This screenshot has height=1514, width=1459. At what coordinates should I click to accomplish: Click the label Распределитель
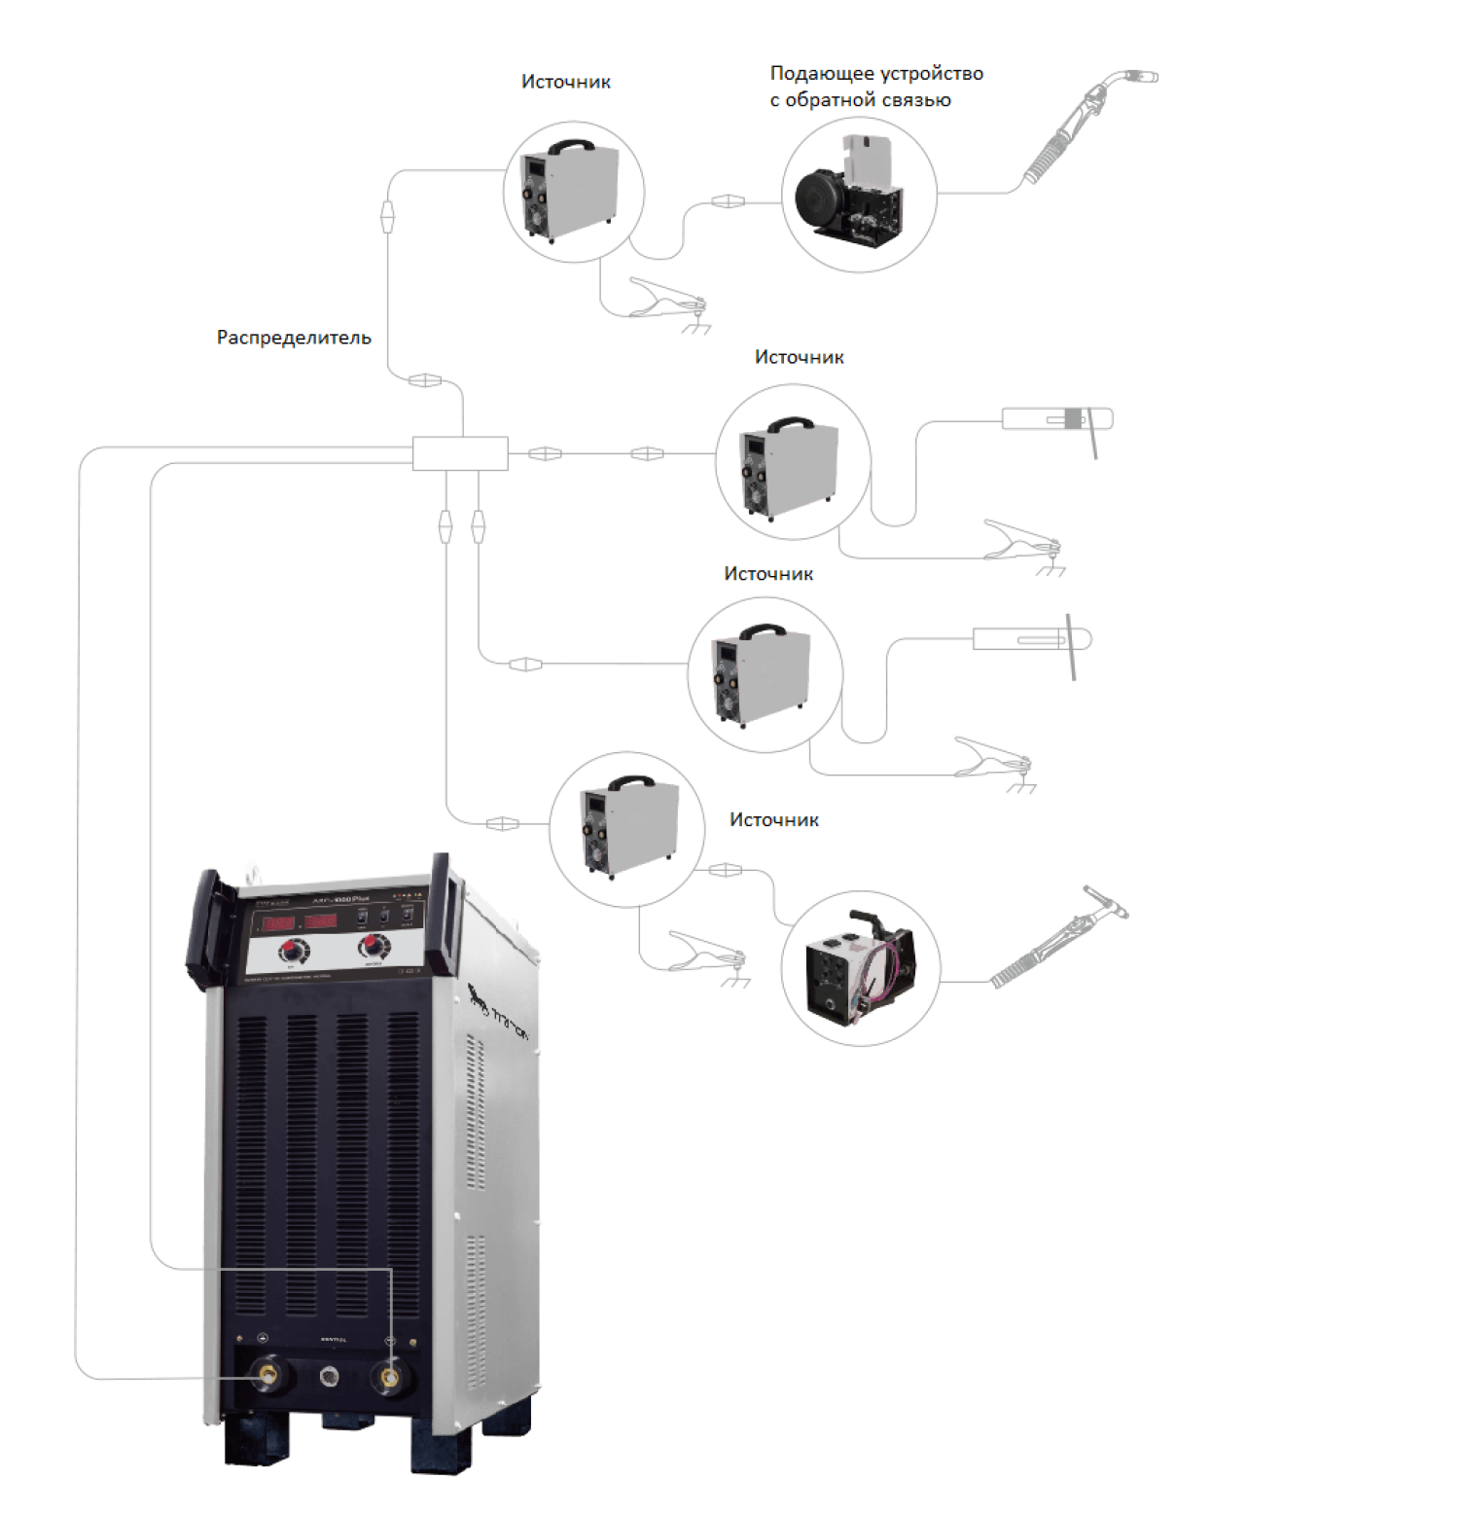click(294, 338)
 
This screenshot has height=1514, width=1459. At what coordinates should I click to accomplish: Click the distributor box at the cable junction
click(460, 453)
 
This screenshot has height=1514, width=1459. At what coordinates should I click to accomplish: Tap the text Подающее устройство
click(876, 74)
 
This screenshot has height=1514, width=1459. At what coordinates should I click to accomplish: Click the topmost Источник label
click(565, 83)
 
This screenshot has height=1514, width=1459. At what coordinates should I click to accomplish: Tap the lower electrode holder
click(1031, 639)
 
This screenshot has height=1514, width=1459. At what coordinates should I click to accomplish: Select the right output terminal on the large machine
click(390, 1377)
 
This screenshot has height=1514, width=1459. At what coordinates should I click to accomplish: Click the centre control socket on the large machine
click(330, 1376)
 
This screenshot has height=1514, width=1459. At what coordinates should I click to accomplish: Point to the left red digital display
click(279, 921)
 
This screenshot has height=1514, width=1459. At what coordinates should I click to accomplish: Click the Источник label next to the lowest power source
click(773, 820)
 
